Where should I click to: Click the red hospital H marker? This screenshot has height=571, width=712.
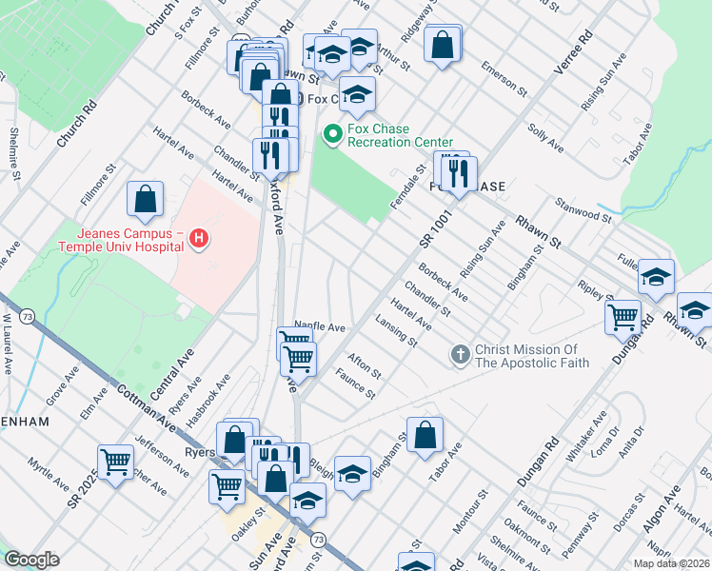point(198,238)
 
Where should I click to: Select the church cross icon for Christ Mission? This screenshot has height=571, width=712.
point(460,355)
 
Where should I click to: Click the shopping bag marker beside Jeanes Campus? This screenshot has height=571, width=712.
point(145,200)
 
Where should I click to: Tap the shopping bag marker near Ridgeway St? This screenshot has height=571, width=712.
point(443,44)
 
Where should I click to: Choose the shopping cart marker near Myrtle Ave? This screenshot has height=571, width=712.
point(115,463)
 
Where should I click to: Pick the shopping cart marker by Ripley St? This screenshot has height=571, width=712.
point(623,317)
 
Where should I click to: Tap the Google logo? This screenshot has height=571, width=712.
point(31,560)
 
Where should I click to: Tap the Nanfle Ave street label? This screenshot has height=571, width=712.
point(320,326)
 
